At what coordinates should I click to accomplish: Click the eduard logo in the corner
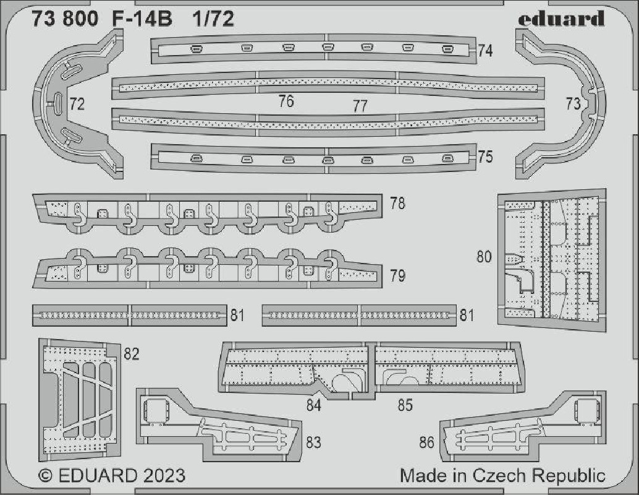(561, 19)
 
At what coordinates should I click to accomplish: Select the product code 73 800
(65, 19)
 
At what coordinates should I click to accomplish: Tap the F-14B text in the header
(142, 19)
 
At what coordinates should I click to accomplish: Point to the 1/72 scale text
(214, 19)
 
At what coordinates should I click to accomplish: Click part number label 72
(77, 104)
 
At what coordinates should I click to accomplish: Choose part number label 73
(573, 104)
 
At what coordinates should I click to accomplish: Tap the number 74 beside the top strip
(485, 51)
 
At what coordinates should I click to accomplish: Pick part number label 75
(485, 157)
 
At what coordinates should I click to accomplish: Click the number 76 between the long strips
(286, 101)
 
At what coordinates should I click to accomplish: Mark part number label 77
(360, 106)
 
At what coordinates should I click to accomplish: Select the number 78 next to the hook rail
(397, 203)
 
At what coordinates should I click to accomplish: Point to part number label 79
(397, 276)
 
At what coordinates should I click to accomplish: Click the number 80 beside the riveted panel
(484, 257)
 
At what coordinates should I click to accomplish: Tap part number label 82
(131, 354)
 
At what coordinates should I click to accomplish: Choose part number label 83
(313, 442)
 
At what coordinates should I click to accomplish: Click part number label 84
(314, 405)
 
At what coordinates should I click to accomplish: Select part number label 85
(405, 405)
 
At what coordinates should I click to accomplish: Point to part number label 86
(426, 442)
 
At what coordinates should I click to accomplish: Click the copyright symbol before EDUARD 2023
(46, 476)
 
